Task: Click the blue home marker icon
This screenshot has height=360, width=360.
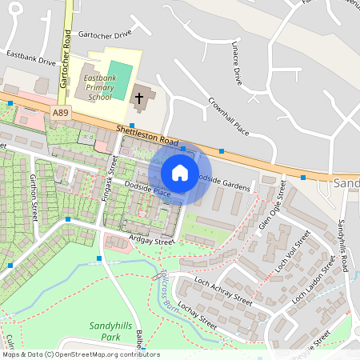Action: coord(180,172)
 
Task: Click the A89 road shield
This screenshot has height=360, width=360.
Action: coord(61,114)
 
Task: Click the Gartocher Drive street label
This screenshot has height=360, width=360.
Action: coord(105,35)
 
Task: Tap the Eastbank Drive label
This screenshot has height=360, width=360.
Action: coord(30,58)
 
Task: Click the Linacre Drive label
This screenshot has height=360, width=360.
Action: coord(236,63)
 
